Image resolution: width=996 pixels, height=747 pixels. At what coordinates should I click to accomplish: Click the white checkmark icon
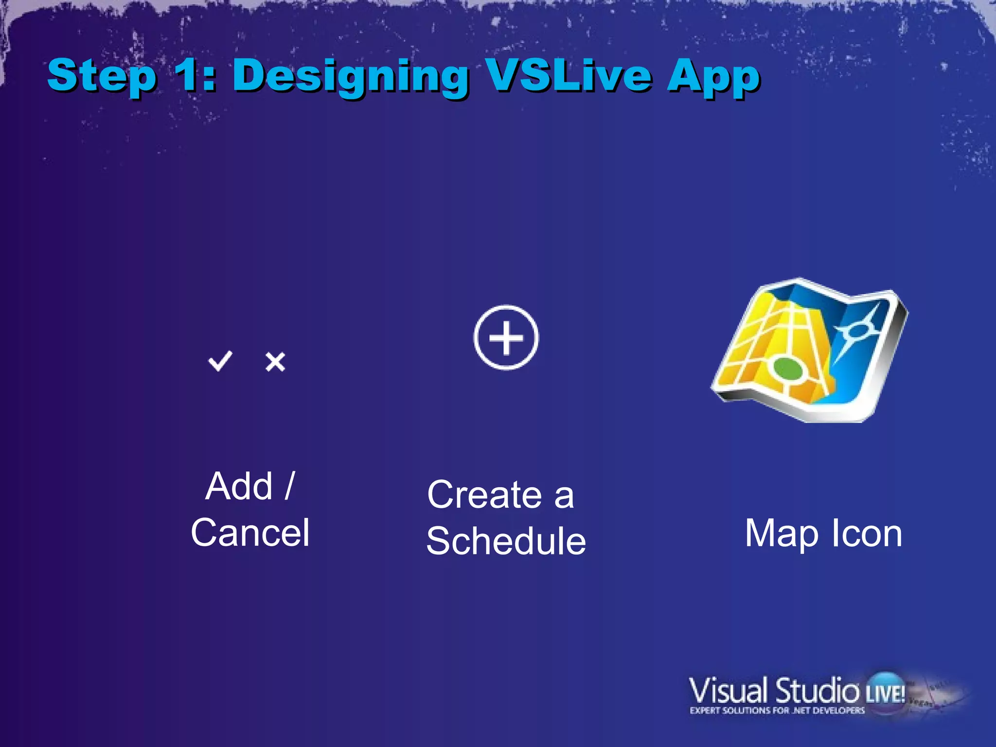220,361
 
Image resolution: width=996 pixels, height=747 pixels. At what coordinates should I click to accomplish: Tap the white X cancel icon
275,362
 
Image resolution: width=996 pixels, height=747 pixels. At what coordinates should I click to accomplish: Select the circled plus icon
506,338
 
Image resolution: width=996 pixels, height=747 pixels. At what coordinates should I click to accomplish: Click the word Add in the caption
239,486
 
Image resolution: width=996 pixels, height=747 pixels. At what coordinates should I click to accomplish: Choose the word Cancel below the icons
250,533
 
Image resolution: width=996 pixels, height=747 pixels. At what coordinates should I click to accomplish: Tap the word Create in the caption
484,495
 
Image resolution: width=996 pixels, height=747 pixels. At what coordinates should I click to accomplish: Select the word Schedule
506,541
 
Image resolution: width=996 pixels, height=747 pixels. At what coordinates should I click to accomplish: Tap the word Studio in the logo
817,691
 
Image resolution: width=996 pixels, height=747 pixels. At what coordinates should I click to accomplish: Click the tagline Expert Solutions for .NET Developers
777,711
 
